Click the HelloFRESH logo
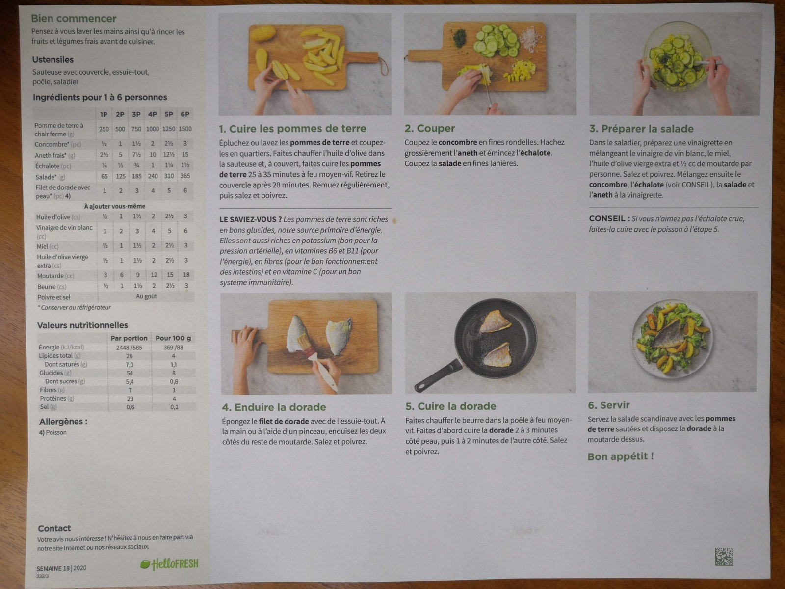click(x=170, y=564)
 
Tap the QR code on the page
click(x=724, y=557)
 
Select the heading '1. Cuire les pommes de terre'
click(x=292, y=129)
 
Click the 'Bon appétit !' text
click(x=621, y=456)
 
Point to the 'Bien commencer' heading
click(x=74, y=18)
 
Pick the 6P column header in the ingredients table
click(x=185, y=114)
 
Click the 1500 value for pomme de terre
click(x=185, y=129)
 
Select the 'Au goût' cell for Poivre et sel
click(x=146, y=296)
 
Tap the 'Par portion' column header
click(x=129, y=338)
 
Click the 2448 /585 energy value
click(x=129, y=347)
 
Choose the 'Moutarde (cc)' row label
click(x=55, y=276)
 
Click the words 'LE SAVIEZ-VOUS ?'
click(x=250, y=219)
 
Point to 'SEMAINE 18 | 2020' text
click(x=61, y=568)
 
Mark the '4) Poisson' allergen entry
click(x=53, y=432)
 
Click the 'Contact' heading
click(x=54, y=528)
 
